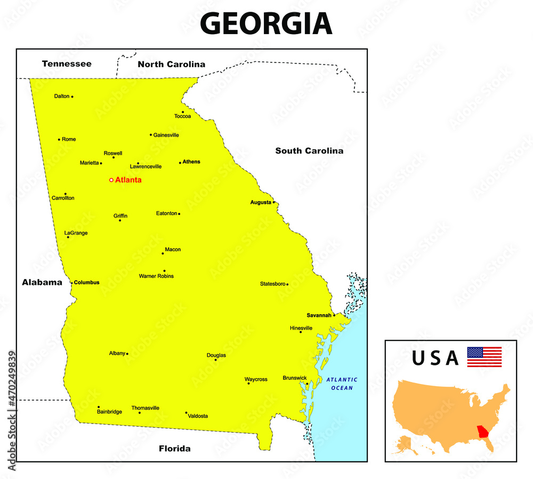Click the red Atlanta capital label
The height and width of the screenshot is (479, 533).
(x=128, y=180)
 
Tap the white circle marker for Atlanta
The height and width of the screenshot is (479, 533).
(x=111, y=180)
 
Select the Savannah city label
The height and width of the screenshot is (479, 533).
(x=319, y=315)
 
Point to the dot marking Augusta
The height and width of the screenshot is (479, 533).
(x=273, y=202)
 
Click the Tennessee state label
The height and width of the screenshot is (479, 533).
(x=67, y=64)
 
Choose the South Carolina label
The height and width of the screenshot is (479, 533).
(x=309, y=151)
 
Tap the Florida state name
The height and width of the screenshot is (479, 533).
(x=174, y=449)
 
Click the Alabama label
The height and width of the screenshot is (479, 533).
(x=42, y=282)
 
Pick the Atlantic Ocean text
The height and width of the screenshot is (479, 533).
(x=342, y=384)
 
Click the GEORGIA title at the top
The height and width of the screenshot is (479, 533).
(x=266, y=24)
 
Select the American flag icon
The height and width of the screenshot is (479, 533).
(x=484, y=357)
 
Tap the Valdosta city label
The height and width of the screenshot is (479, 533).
(x=198, y=416)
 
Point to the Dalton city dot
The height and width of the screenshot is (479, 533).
(x=72, y=97)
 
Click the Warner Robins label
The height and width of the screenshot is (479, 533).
(x=156, y=276)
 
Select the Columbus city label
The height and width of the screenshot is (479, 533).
(x=86, y=282)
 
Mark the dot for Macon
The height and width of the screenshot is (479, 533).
(x=163, y=253)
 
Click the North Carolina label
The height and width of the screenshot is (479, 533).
(x=171, y=64)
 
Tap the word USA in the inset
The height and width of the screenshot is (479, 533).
(x=435, y=358)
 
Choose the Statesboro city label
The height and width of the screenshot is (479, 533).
(x=272, y=284)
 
